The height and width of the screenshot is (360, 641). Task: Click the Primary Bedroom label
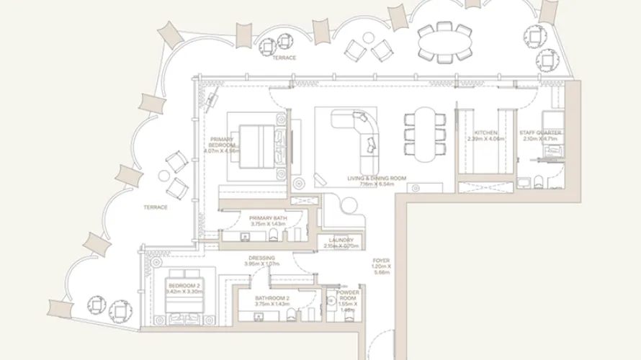(222, 141)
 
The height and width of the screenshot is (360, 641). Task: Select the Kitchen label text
(486, 133)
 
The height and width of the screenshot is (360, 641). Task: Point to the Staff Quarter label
(540, 133)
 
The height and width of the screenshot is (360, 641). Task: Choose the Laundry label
(341, 240)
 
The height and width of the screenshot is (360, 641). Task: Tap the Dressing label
(261, 258)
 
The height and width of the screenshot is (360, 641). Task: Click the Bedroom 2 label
(183, 286)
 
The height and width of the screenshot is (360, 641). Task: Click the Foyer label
(381, 261)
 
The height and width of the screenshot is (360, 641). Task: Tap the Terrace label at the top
(284, 58)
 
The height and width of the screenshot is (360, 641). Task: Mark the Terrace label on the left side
(156, 207)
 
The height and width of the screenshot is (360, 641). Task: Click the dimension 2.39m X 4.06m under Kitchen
(486, 140)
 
